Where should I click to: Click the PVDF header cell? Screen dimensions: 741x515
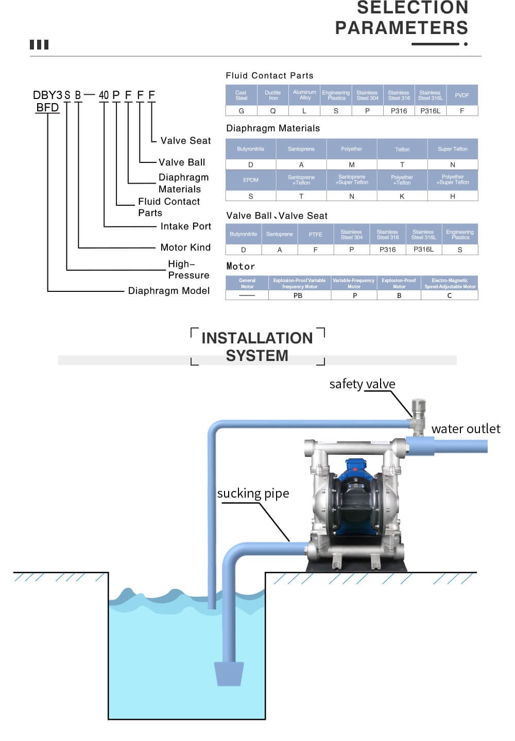462,95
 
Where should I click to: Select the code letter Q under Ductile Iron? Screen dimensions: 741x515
272,111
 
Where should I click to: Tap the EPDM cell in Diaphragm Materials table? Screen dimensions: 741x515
251,180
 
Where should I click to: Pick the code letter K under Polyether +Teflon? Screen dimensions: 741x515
402,196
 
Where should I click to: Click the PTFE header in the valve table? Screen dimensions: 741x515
315,235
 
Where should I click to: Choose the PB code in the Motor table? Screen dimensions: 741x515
298,295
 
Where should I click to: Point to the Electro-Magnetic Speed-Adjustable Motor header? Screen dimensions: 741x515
450,284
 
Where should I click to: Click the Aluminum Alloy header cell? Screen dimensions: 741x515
304,95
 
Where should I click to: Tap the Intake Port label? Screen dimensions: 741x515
185,226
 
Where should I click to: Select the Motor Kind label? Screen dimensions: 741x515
185,248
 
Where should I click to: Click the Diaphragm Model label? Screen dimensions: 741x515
168,291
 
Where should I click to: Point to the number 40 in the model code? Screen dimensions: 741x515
104,95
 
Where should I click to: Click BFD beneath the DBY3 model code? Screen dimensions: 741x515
47,108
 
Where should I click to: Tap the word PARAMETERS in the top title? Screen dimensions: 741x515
402,28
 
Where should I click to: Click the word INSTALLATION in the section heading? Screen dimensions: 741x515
257,338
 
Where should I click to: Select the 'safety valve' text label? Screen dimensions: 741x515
362,384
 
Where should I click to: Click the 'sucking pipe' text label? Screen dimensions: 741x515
253,493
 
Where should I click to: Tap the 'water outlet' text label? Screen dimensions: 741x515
466,429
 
